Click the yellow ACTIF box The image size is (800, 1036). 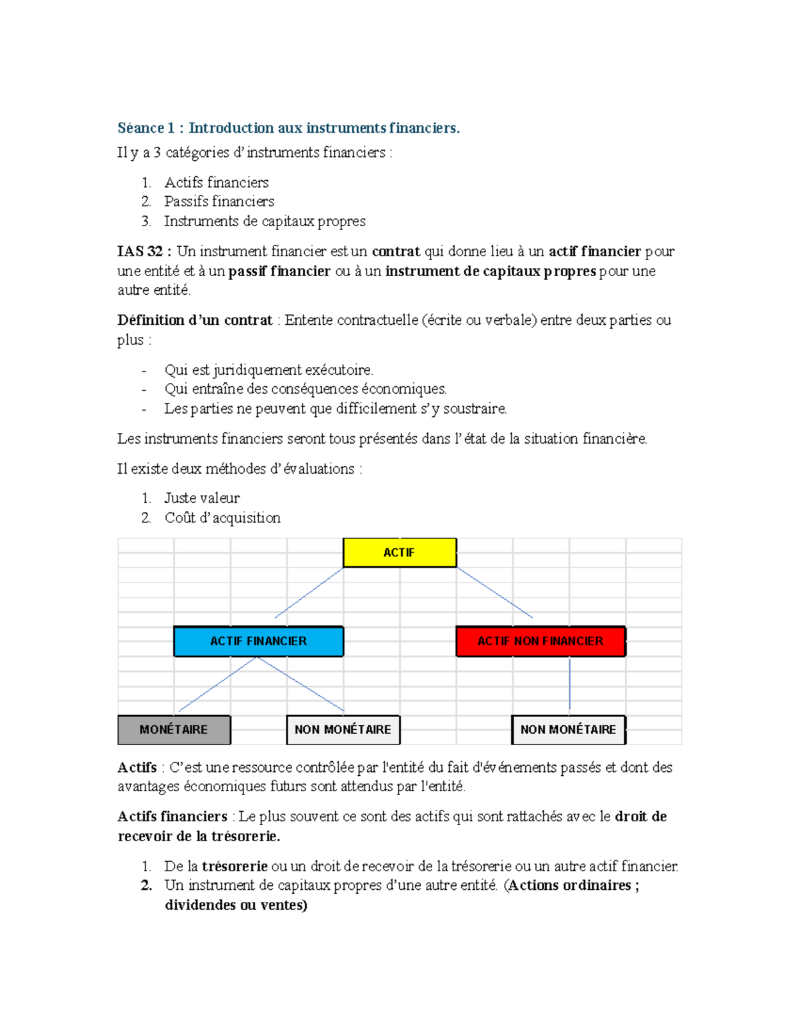point(399,552)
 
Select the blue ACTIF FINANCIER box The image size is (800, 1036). point(259,641)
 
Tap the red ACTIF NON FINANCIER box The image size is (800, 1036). point(541,641)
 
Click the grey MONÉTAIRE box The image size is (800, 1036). point(174,730)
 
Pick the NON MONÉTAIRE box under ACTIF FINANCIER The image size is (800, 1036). point(343,730)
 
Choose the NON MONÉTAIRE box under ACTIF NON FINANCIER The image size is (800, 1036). point(568,730)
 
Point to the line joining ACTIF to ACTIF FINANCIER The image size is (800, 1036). point(309,592)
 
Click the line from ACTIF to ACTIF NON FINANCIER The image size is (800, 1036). point(494,592)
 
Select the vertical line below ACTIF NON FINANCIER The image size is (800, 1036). point(569,684)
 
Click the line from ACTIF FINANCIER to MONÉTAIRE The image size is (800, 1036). point(217,685)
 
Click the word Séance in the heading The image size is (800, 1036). point(141,128)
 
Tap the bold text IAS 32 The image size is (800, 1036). point(141,251)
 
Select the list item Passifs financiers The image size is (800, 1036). point(219,201)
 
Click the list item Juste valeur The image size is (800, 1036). point(202,498)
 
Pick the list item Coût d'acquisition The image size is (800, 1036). point(223,518)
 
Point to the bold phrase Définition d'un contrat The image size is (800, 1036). point(195,320)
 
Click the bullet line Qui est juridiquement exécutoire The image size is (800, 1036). point(269,370)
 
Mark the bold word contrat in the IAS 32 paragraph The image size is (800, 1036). point(396,251)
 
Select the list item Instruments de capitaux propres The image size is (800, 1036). point(265,221)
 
